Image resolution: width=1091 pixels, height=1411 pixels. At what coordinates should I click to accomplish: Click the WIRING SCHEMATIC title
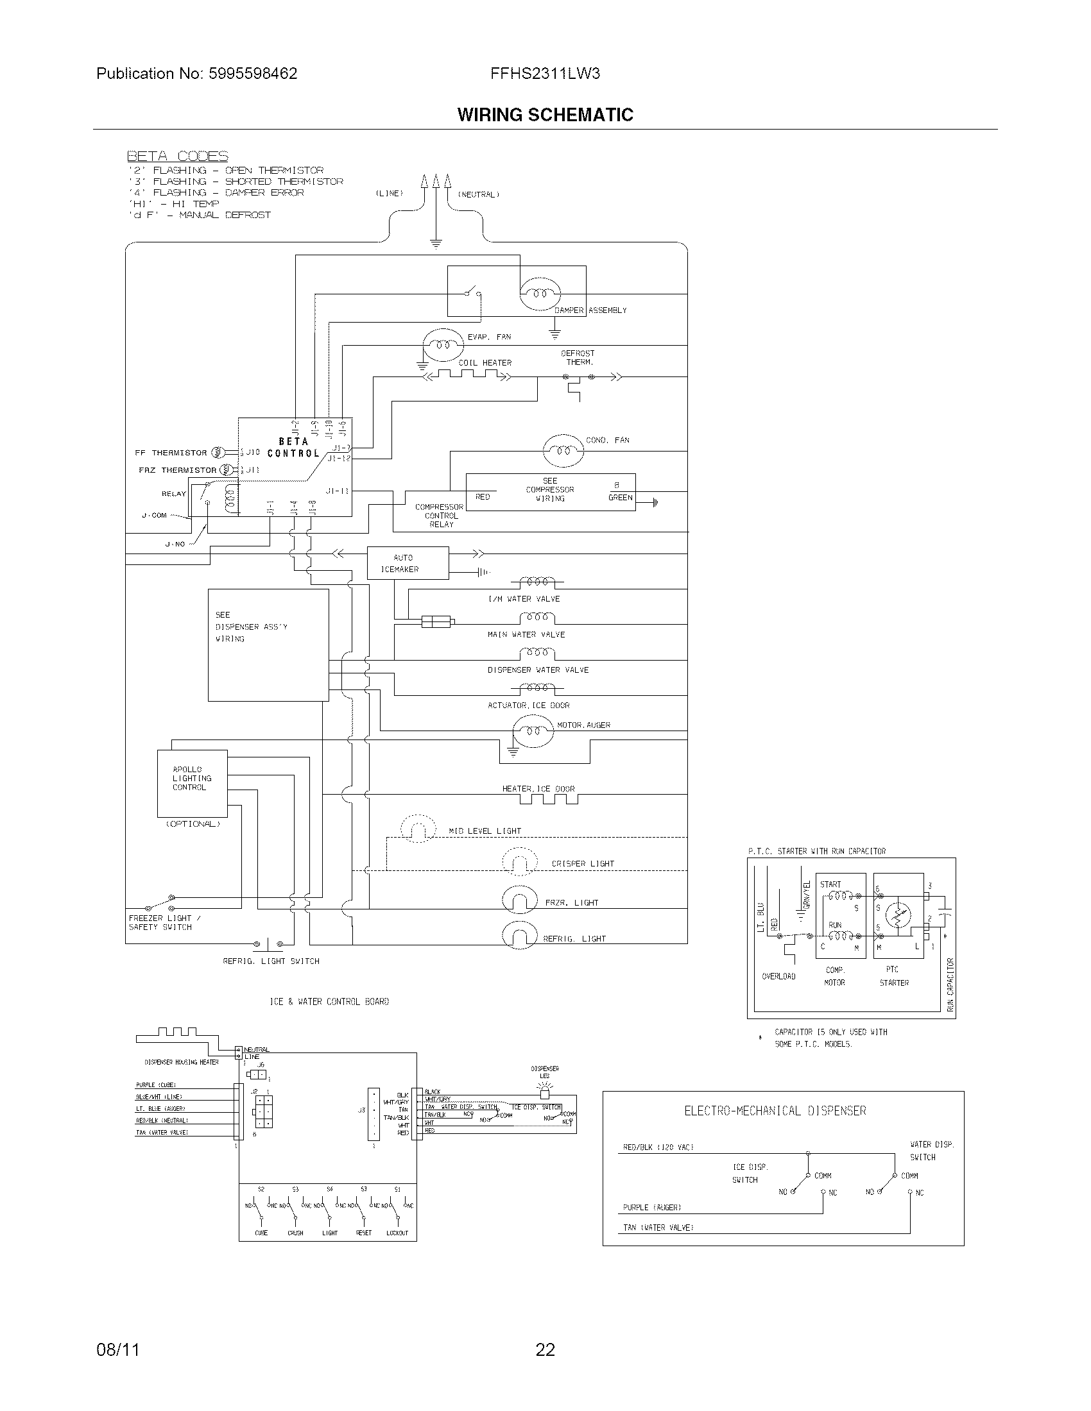pyautogui.click(x=545, y=115)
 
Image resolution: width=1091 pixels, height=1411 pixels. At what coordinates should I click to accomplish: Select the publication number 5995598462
pyautogui.click(x=253, y=74)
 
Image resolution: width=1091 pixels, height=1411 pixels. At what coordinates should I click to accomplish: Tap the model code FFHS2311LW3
pyautogui.click(x=545, y=74)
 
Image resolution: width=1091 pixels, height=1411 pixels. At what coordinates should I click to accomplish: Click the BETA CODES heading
pyautogui.click(x=177, y=156)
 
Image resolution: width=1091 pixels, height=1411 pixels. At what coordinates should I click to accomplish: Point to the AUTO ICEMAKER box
pyautogui.click(x=407, y=563)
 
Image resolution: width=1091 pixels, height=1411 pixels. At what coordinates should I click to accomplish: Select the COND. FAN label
pyautogui.click(x=607, y=440)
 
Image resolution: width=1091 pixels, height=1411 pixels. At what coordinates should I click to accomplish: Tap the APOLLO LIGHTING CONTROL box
pyautogui.click(x=192, y=783)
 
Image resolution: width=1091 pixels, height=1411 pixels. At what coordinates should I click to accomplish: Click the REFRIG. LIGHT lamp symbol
pyautogui.click(x=520, y=936)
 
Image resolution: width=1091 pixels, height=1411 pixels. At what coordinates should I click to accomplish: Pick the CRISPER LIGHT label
pyautogui.click(x=582, y=863)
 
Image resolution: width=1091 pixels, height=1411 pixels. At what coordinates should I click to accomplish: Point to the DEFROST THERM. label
pyautogui.click(x=578, y=358)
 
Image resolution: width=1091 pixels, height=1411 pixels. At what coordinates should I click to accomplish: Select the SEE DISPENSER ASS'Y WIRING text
pyautogui.click(x=251, y=627)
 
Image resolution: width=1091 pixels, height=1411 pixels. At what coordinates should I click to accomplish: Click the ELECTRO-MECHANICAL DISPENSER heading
pyautogui.click(x=775, y=1111)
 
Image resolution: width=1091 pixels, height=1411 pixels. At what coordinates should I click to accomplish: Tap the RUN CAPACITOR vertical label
pyautogui.click(x=949, y=984)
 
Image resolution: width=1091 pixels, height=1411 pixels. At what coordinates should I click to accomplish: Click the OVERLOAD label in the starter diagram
pyautogui.click(x=778, y=976)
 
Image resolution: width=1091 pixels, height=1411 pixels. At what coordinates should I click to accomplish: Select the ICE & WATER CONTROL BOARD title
pyautogui.click(x=329, y=1001)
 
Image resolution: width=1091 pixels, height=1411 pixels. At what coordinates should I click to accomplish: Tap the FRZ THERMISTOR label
pyautogui.click(x=177, y=470)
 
